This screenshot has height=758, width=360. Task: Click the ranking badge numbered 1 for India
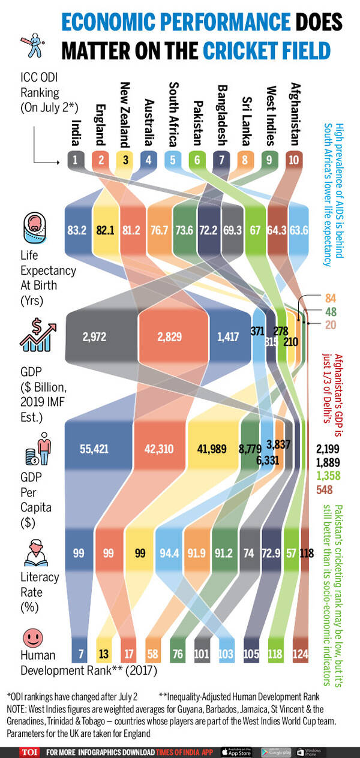click(x=76, y=160)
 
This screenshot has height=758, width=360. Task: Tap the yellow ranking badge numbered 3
click(x=125, y=160)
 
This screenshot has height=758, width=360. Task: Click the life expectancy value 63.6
click(x=298, y=231)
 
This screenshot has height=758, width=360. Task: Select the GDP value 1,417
click(x=227, y=337)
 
